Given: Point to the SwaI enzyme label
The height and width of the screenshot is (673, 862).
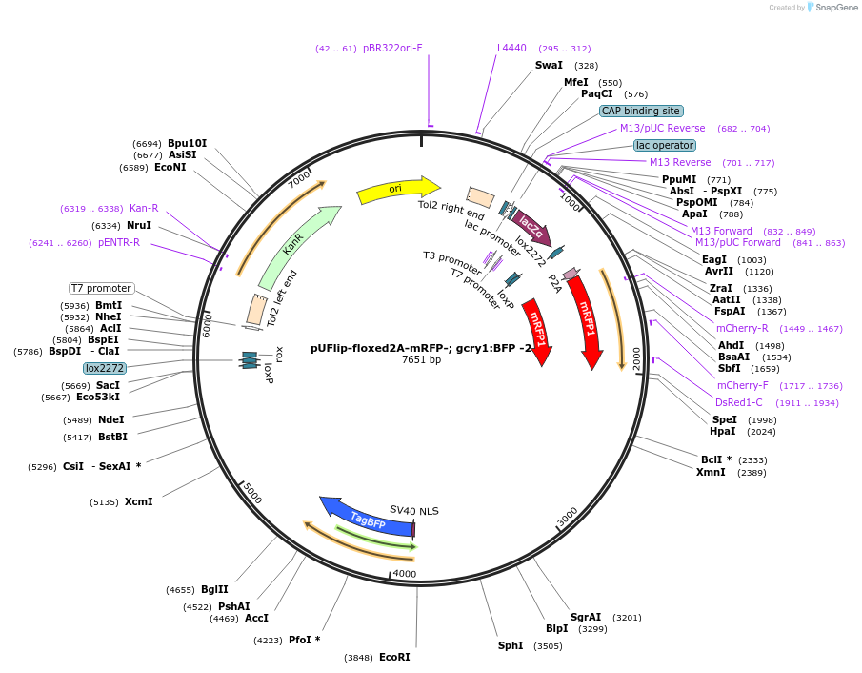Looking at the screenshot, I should click(549, 65).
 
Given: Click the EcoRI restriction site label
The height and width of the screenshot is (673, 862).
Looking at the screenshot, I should click(394, 657).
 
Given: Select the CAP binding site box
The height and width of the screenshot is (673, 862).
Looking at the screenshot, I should click(640, 111).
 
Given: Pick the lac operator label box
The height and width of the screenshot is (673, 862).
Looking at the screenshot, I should click(665, 145).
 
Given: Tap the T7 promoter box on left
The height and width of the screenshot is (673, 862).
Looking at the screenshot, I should click(101, 288).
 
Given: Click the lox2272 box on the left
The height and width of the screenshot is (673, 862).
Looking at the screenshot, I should click(104, 368).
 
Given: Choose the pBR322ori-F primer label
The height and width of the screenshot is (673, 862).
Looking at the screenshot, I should click(391, 48).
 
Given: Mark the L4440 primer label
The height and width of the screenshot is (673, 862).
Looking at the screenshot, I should click(511, 48).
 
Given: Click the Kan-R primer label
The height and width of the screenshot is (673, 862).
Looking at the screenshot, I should click(144, 208).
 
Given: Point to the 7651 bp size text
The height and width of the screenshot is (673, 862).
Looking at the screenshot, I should click(421, 360).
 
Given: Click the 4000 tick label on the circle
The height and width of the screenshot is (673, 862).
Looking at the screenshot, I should click(405, 573).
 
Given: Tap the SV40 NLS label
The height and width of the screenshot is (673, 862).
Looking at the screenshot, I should click(414, 511).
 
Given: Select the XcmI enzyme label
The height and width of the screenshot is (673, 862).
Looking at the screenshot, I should click(138, 501).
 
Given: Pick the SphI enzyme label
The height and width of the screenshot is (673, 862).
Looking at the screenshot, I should click(511, 645).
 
